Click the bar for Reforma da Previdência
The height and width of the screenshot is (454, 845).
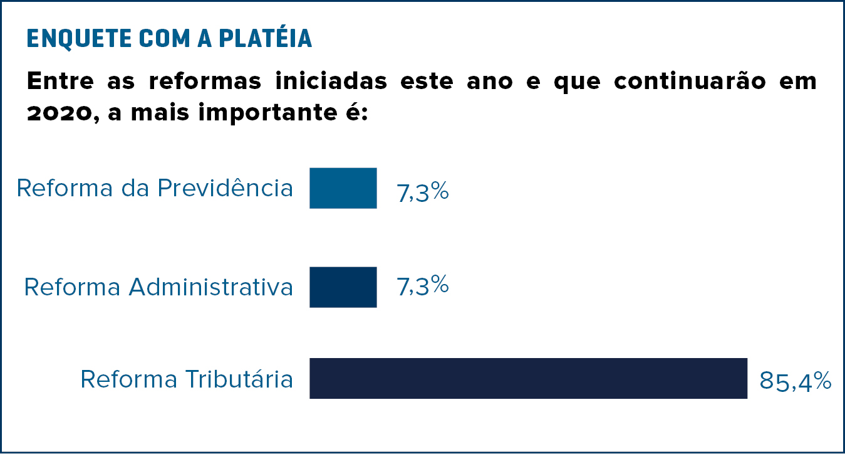[343, 188]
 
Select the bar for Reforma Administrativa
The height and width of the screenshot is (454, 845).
[343, 287]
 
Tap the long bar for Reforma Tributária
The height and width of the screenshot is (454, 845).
[528, 378]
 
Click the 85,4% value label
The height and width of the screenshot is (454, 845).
[795, 381]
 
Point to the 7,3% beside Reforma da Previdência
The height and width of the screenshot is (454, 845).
[422, 191]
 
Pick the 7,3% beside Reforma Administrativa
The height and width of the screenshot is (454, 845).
[422, 286]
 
